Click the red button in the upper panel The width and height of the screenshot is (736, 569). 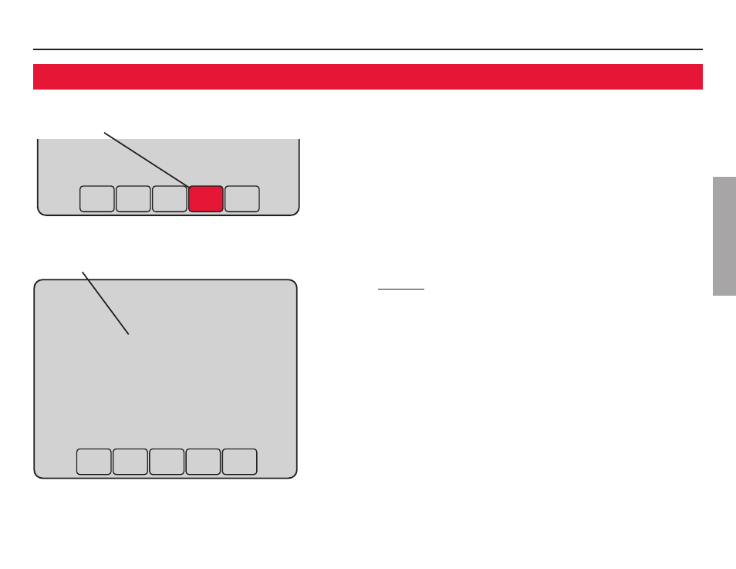(206, 198)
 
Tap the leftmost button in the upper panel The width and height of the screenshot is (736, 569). (97, 198)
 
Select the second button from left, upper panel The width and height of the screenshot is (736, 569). (133, 198)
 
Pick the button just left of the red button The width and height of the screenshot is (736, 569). (170, 198)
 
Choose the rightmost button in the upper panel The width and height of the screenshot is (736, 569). (242, 198)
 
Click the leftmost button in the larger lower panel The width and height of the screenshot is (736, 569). (94, 462)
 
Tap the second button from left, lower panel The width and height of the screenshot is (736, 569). (130, 462)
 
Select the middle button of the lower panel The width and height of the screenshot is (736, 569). (167, 462)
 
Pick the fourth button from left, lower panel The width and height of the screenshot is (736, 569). (203, 462)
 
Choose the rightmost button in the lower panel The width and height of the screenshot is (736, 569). (239, 462)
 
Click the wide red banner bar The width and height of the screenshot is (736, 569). (368, 76)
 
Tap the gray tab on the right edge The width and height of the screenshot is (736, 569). (724, 236)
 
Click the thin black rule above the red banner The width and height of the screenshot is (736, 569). (368, 49)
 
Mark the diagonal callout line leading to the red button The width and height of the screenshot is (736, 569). (147, 158)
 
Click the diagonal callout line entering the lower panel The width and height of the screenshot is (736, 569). (106, 303)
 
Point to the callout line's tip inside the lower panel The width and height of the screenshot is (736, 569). (128, 334)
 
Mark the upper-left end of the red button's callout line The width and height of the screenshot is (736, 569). (105, 133)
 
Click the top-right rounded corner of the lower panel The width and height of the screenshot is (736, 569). (292, 284)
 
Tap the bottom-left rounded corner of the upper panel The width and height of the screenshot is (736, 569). (42, 210)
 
